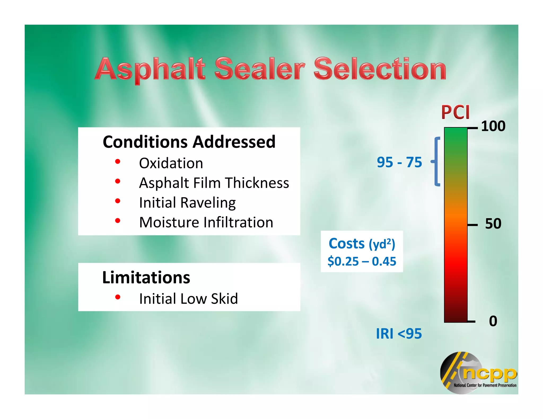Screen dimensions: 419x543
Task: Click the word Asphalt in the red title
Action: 150,69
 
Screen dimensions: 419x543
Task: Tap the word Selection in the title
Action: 380,69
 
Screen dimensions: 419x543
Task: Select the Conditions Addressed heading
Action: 189,142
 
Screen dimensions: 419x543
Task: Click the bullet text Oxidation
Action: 171,163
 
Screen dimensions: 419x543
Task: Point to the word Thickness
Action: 257,183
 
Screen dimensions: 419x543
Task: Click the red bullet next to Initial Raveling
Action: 118,201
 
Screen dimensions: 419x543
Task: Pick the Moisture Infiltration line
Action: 206,222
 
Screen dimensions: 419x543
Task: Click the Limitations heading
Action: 146,278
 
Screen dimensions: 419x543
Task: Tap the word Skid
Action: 224,299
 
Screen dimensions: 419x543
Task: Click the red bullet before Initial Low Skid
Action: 118,297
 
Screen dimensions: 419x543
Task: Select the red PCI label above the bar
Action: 455,112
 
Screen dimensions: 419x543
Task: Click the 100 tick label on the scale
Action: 493,126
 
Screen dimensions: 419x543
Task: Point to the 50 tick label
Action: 493,224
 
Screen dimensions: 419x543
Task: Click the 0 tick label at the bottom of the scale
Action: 493,321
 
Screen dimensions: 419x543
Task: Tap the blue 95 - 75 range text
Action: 399,162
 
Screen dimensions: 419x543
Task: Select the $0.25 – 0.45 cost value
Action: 362,261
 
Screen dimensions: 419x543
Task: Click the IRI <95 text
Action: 399,333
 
